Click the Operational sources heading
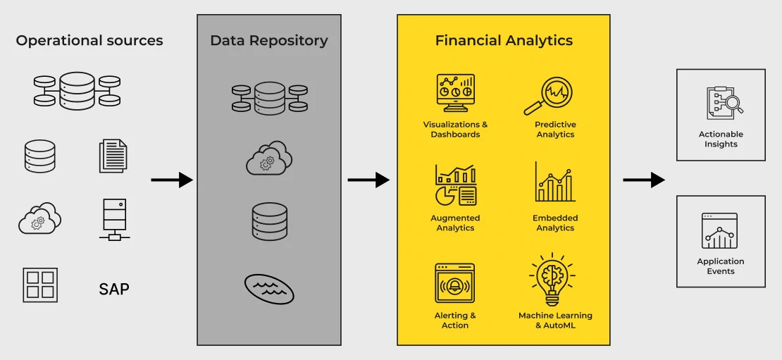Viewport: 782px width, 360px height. [x=89, y=41]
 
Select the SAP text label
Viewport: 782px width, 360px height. [x=114, y=289]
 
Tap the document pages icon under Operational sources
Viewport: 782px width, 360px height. [x=113, y=156]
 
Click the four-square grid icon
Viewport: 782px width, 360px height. [x=40, y=285]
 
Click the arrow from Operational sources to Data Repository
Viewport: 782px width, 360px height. [x=172, y=180]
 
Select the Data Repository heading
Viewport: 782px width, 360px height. [x=269, y=41]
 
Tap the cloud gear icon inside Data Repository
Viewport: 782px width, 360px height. [x=269, y=158]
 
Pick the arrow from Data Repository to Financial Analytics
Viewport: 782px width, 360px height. [x=368, y=180]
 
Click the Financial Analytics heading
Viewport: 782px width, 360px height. [x=504, y=41]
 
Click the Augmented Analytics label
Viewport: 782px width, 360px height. [x=455, y=223]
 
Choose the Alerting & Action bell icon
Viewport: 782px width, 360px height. [x=455, y=284]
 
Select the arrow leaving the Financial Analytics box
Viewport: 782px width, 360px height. [x=643, y=180]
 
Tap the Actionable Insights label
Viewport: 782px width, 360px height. [x=721, y=139]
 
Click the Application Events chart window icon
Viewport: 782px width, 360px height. [x=720, y=231]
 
